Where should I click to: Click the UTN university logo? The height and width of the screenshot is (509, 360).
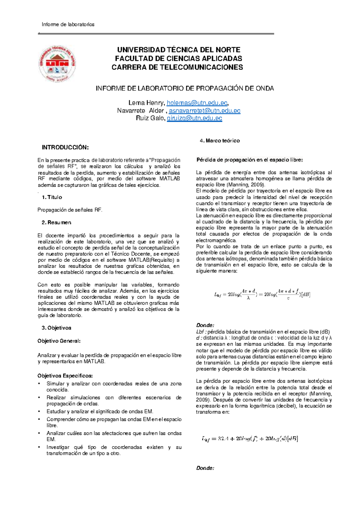pos(57,64)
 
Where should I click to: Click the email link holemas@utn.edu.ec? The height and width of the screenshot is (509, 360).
pos(197,103)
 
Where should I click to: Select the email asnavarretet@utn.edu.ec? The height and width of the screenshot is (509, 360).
pos(205,111)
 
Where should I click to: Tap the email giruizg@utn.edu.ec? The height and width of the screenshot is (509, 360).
pos(194,118)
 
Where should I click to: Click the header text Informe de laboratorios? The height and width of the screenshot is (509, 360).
pos(68,24)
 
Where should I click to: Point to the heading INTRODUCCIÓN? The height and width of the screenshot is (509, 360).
pos(65,147)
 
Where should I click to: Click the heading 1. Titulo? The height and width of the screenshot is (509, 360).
pos(52,197)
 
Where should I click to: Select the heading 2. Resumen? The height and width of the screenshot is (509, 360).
pos(56,222)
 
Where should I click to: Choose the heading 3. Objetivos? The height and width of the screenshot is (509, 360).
pos(56,328)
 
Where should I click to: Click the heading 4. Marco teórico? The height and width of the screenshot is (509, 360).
pos(220,141)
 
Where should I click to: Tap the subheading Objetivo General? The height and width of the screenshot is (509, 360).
pos(59,341)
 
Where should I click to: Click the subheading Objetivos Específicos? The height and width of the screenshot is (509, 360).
pos(65,376)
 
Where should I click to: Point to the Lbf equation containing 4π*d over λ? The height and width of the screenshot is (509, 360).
pos(262,294)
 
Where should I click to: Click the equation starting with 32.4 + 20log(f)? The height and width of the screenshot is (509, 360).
pos(250,439)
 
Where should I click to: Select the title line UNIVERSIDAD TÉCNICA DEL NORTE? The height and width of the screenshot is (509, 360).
pos(178,50)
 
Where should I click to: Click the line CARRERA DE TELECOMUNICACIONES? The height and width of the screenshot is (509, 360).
pos(177,67)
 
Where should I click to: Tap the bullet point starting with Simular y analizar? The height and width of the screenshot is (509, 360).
pos(114,387)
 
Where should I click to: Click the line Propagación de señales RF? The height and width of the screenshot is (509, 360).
pos(70,210)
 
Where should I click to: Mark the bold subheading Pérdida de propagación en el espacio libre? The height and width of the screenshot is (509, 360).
pos(250,160)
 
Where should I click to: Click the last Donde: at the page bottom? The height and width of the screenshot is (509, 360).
pos(205,468)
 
